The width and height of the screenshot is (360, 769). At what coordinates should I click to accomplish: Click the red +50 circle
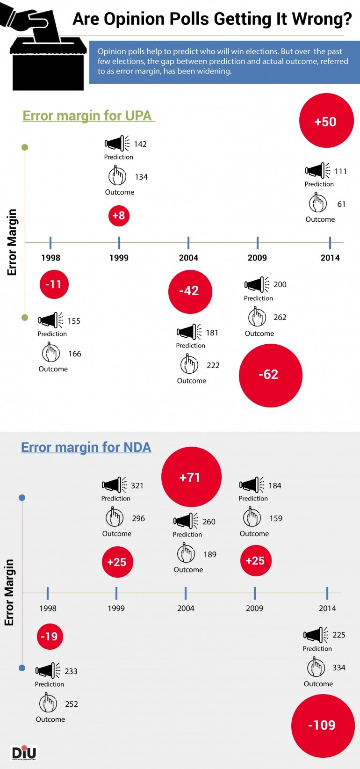coord(326,121)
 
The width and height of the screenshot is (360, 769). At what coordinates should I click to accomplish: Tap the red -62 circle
coord(270,375)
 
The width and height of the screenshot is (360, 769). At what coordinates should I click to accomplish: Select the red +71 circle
coord(191,477)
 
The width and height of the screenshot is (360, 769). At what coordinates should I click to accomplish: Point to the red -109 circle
coord(323,725)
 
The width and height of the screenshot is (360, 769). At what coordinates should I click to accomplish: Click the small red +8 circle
coord(119,216)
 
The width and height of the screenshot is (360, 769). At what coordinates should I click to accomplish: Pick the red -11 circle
coord(54,284)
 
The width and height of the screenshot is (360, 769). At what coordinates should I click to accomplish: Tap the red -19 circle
coord(50,636)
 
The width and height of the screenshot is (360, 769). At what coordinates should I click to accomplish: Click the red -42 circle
coord(190,291)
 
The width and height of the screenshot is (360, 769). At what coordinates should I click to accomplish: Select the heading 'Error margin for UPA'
coord(87,116)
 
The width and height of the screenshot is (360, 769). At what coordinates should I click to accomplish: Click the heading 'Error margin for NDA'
coord(86,447)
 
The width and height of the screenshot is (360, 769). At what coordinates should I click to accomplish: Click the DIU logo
coord(23,753)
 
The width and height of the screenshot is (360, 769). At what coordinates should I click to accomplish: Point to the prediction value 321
coord(137,486)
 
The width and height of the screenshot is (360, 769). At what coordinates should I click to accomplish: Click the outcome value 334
coord(339,667)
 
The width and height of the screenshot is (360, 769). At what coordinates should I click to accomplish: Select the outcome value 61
coord(341,204)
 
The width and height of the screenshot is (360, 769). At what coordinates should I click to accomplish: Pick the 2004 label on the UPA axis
coord(188,258)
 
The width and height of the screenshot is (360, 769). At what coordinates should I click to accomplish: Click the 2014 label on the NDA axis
coord(327,608)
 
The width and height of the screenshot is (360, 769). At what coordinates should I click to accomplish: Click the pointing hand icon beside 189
coord(186,554)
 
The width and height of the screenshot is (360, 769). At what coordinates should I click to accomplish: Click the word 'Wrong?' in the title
coord(322,19)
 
